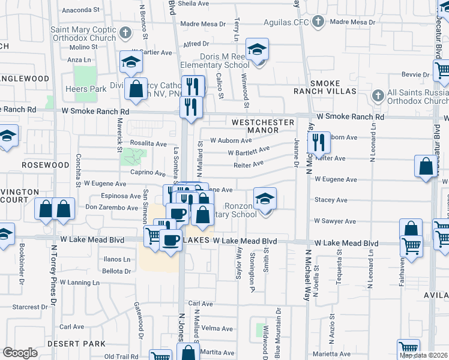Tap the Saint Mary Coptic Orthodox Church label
tap(83, 34)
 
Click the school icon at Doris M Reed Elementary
tap(258, 50)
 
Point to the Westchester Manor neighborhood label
tap(263, 126)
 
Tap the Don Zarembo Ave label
tap(112, 207)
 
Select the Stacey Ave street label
tap(331, 200)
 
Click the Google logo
tap(20, 353)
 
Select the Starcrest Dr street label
tap(26, 307)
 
